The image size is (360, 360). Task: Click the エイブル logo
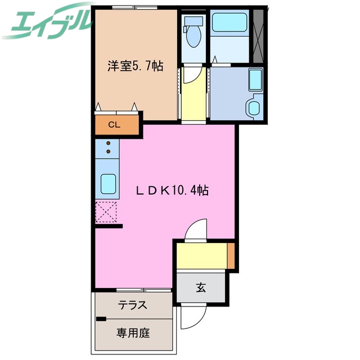(47, 21)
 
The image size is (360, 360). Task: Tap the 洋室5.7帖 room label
(136, 66)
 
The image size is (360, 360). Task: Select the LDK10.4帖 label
(172, 191)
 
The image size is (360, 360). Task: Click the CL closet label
(114, 125)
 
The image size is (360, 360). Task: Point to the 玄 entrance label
(201, 289)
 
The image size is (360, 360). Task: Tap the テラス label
(133, 305)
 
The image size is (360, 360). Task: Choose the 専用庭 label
(133, 332)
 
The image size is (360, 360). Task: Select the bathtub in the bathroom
(229, 25)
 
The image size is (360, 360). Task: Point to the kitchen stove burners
(107, 148)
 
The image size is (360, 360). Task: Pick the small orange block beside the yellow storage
(231, 255)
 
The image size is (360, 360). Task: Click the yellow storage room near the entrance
(201, 256)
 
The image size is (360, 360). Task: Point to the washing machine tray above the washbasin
(255, 80)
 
